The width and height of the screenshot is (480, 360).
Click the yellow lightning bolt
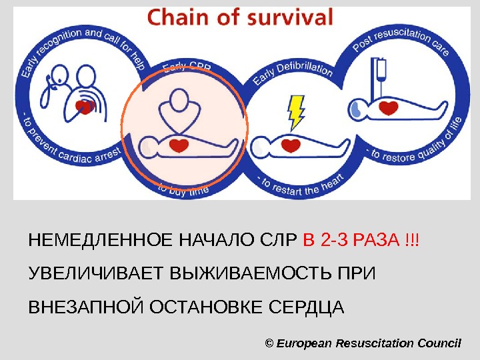pos(295,111)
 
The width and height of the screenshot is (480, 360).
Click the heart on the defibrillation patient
pos(291,143)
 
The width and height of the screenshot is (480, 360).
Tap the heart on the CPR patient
pos(179,144)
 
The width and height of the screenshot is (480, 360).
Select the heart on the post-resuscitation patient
pos(389,106)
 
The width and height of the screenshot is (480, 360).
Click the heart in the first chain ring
pos(85,106)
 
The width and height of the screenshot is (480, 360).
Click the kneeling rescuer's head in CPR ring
pos(178,101)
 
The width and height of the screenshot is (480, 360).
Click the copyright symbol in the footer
pos(269,343)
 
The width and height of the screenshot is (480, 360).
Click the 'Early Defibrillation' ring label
pos(293,74)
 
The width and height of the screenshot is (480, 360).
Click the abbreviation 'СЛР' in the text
pos(283,239)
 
